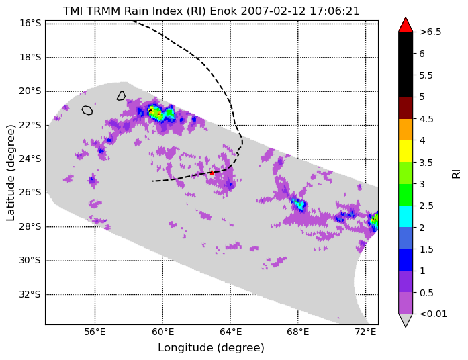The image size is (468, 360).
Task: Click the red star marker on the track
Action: point(212,173)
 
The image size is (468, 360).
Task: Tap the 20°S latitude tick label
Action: point(30,91)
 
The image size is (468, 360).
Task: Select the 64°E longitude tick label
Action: point(230,332)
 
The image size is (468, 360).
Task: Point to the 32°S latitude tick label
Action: point(30,295)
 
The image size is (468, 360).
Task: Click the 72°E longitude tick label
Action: point(366,332)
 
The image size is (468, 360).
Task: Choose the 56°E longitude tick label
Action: point(95,332)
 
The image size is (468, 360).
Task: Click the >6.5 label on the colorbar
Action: point(430,32)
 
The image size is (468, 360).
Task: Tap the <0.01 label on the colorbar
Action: point(433,314)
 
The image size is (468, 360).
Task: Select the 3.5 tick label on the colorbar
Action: point(426,163)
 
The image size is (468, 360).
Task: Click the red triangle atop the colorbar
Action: point(406,25)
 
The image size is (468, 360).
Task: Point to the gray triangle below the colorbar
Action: point(406,320)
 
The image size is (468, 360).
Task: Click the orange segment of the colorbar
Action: point(406,130)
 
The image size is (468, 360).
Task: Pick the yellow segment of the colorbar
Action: point(406,151)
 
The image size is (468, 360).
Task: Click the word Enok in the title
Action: point(223,11)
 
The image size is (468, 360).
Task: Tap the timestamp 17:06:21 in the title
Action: point(334,11)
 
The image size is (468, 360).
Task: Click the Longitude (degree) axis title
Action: point(211,348)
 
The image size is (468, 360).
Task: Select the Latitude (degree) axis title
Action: point(11,173)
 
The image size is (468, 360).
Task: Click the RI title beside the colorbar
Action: point(457,173)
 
